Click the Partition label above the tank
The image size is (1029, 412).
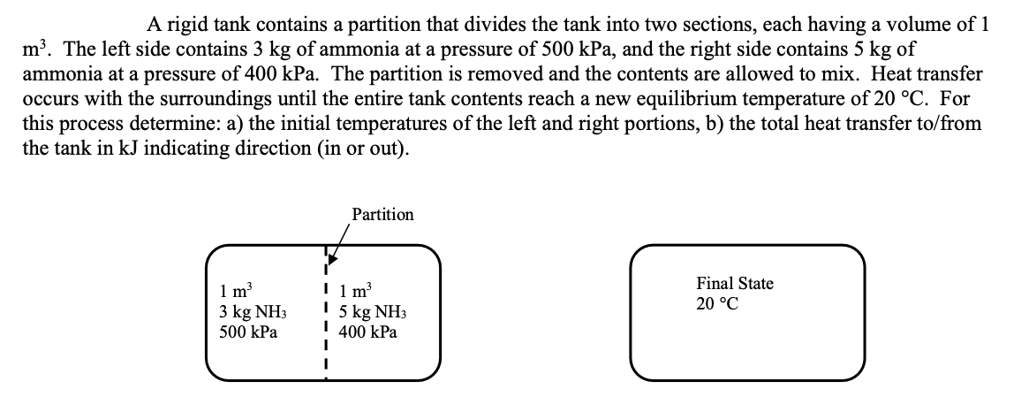(382, 215)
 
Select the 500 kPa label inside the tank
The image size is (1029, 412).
(247, 333)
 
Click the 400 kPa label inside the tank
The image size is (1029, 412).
(367, 333)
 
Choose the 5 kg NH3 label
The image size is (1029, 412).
(372, 313)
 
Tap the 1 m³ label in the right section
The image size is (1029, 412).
(356, 293)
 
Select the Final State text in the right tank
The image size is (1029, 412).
(734, 284)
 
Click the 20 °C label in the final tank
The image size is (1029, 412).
(717, 304)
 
